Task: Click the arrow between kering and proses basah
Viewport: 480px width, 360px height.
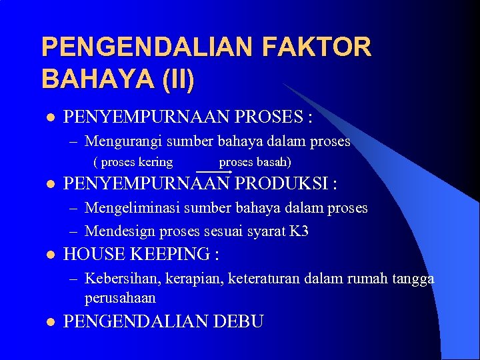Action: [214, 171]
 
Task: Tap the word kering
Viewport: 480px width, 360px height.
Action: [155, 162]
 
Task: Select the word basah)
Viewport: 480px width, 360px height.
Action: [273, 162]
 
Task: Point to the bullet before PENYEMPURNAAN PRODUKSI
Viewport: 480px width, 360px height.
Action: [48, 183]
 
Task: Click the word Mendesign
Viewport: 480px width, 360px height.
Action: [117, 231]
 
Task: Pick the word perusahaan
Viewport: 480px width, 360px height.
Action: [120, 297]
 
